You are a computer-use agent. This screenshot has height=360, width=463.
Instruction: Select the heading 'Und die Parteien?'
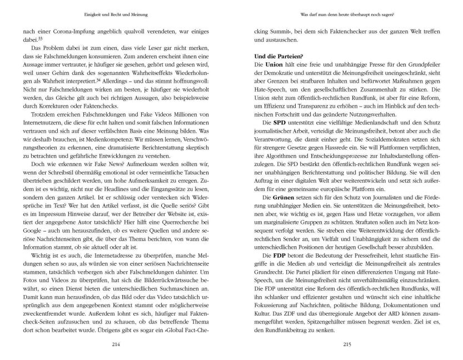tap(277, 57)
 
